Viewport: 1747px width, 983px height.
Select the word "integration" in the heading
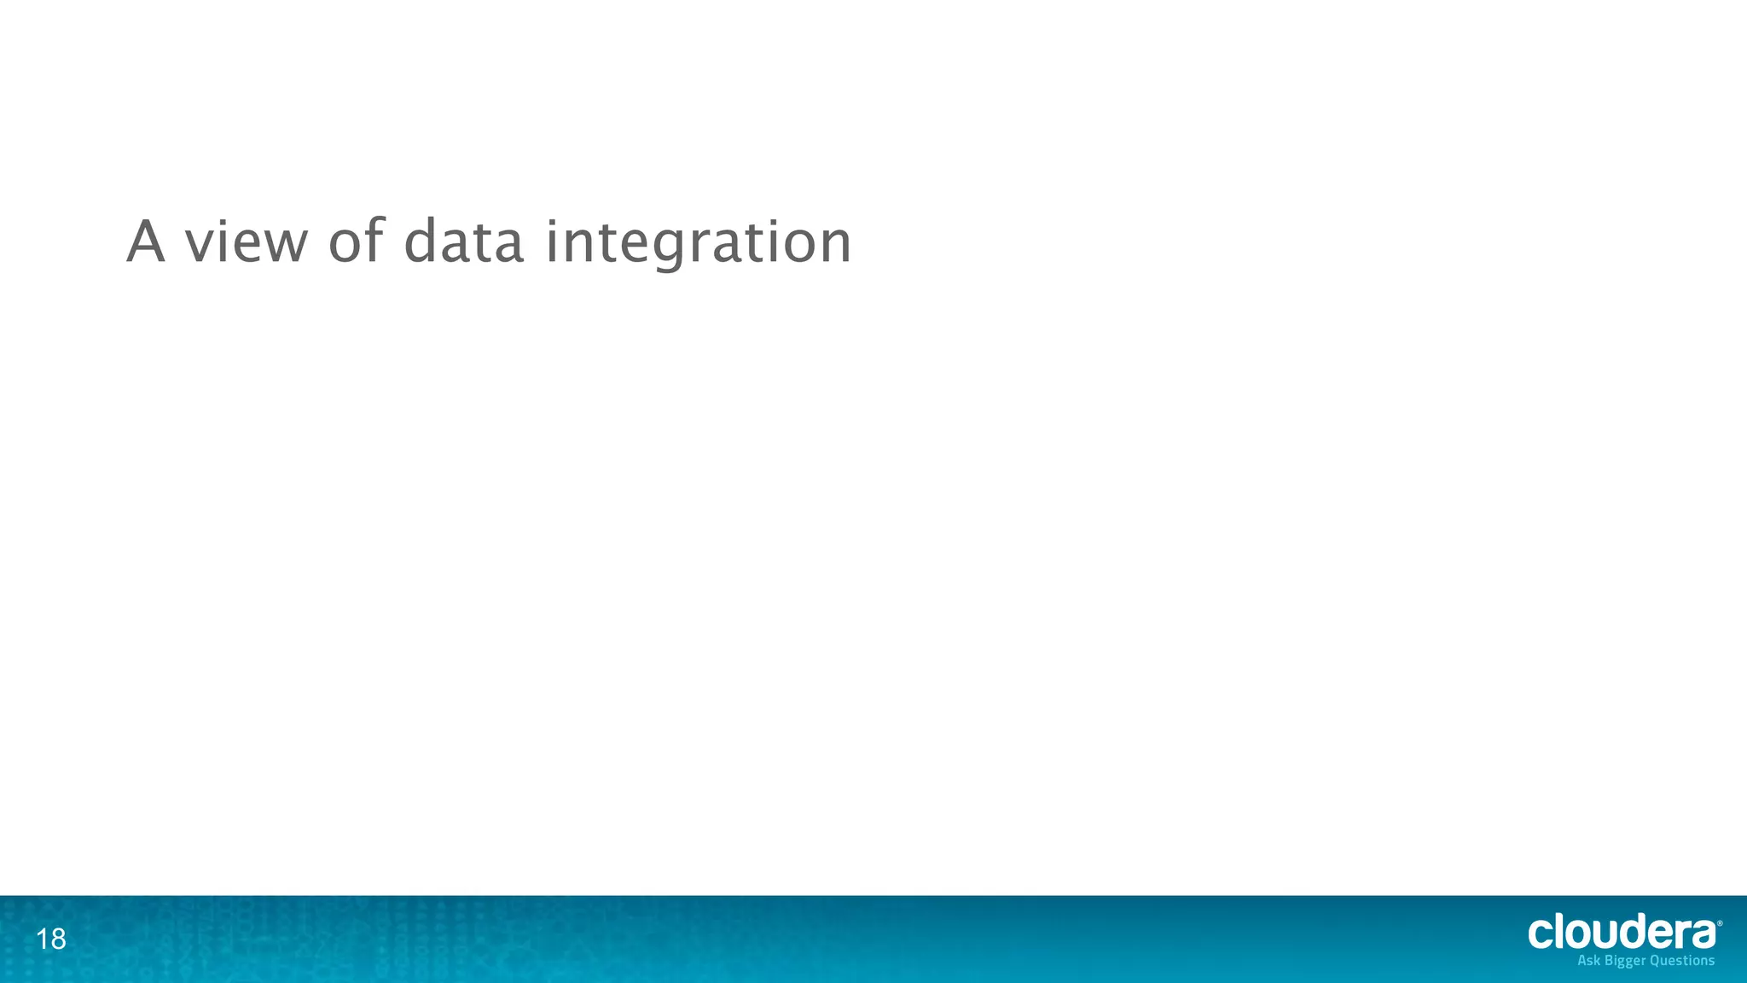pyautogui.click(x=698, y=243)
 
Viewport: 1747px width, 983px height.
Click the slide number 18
pyautogui.click(x=51, y=939)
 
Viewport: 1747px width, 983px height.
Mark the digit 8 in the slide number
pyautogui.click(x=57, y=939)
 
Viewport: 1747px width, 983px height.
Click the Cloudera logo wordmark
pyautogui.click(x=1622, y=933)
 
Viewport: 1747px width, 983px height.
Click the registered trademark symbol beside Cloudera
pyautogui.click(x=1719, y=923)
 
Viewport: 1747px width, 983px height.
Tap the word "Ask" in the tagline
pyautogui.click(x=1589, y=961)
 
